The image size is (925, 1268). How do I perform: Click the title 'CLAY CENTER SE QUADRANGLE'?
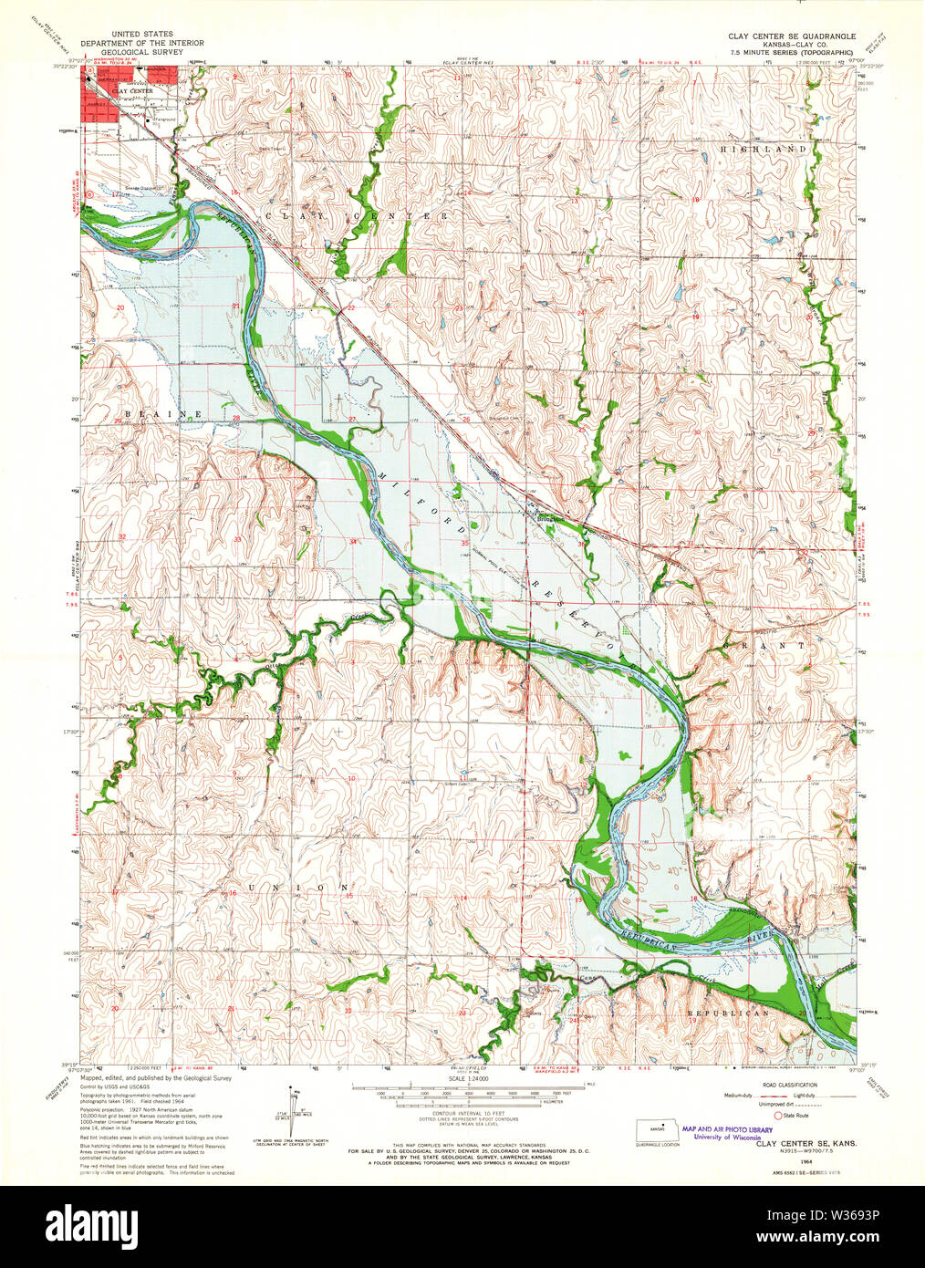pyautogui.click(x=792, y=35)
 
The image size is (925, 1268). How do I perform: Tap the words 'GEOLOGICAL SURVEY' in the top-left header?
pyautogui.click(x=141, y=53)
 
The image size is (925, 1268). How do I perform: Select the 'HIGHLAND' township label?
pyautogui.click(x=764, y=149)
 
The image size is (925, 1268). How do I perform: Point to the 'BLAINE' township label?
pyautogui.click(x=163, y=414)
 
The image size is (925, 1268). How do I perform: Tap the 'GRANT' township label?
pyautogui.click(x=764, y=645)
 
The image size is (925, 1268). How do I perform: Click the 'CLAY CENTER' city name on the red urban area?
pyautogui.click(x=132, y=91)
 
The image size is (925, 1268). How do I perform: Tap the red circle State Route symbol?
pyautogui.click(x=777, y=1115)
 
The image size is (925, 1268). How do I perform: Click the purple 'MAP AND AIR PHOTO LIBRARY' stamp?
pyautogui.click(x=727, y=1130)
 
